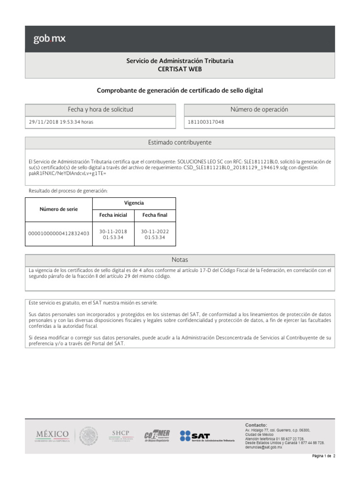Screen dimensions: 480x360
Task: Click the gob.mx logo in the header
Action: [x=49, y=39]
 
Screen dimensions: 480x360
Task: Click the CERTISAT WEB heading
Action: [x=180, y=69]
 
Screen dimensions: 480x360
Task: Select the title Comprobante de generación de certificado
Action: [x=180, y=90]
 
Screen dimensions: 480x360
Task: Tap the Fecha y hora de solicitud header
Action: [x=100, y=110]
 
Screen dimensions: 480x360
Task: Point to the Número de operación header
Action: [x=259, y=110]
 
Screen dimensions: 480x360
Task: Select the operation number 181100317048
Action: [x=206, y=122]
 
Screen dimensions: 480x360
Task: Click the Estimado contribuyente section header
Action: [x=180, y=142]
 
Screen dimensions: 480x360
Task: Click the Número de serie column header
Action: [x=59, y=209]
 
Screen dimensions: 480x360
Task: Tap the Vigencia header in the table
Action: [x=134, y=203]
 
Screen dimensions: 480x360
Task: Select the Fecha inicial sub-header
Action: [x=113, y=215]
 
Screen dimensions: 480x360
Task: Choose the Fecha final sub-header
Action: [x=155, y=215]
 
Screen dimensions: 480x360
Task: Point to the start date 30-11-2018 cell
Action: [x=113, y=234]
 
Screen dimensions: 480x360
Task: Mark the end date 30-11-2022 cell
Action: [x=155, y=234]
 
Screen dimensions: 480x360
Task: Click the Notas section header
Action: [x=180, y=260]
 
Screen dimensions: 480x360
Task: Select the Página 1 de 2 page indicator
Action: [x=324, y=469]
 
